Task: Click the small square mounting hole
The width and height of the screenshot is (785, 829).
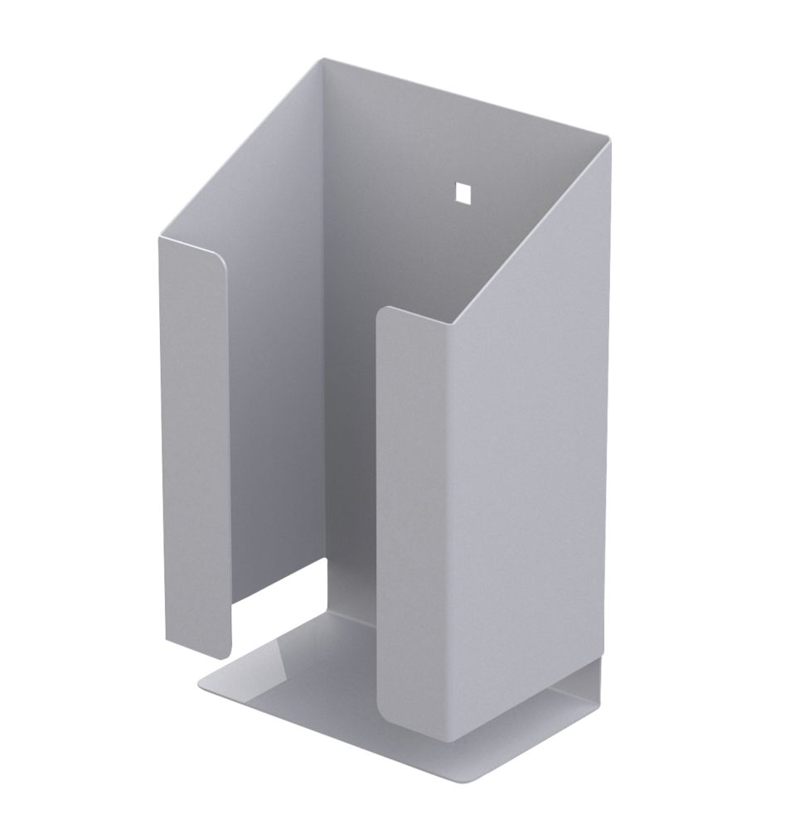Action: pos(462,191)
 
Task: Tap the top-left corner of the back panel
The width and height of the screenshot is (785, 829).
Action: pos(325,60)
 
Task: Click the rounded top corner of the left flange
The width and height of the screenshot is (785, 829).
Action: pos(219,254)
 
